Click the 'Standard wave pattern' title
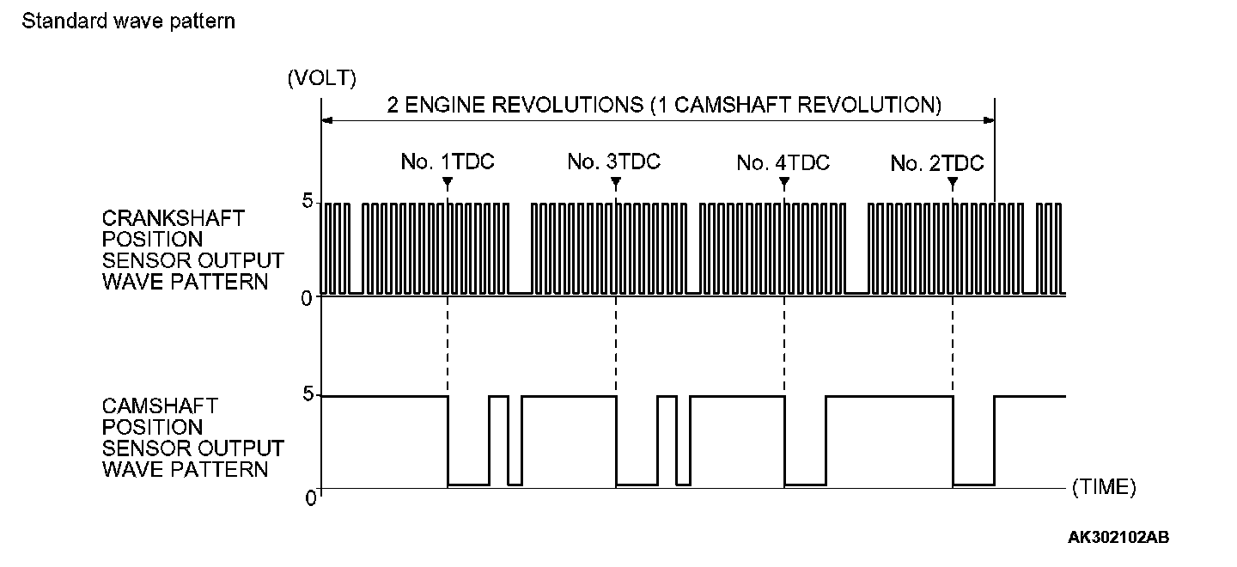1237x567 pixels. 128,21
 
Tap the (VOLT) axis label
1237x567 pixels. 321,78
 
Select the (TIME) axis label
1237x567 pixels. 1104,487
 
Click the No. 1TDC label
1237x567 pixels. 448,162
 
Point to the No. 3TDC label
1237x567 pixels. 614,162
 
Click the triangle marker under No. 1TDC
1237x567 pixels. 448,182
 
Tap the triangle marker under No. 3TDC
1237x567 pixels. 616,182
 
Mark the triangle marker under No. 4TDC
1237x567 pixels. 784,182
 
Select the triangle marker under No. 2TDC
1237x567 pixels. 953,182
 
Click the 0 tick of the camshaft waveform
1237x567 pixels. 312,497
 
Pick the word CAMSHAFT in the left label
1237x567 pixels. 160,405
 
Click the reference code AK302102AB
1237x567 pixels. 1118,538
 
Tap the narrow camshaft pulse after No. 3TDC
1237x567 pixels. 667,440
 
